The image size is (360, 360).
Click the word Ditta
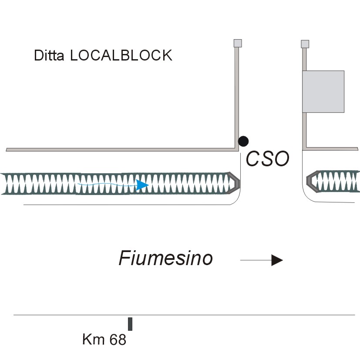click(x=49, y=55)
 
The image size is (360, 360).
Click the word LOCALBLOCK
click(x=121, y=55)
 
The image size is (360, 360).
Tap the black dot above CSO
click(x=243, y=141)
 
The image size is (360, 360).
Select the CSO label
click(x=267, y=158)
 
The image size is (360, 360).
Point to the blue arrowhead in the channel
click(x=142, y=185)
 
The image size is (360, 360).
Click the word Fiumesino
click(x=165, y=258)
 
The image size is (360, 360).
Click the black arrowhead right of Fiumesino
click(x=277, y=260)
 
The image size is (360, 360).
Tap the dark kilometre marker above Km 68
click(x=130, y=324)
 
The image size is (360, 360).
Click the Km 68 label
click(x=104, y=340)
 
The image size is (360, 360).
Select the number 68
click(x=118, y=340)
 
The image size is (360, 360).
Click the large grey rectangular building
click(x=323, y=91)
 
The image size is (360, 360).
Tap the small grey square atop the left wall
click(x=238, y=43)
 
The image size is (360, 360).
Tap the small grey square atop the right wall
click(x=305, y=44)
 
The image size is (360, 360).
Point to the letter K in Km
click(x=87, y=340)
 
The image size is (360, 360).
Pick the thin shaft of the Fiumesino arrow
click(x=256, y=260)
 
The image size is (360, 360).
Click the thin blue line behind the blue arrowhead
click(x=107, y=184)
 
